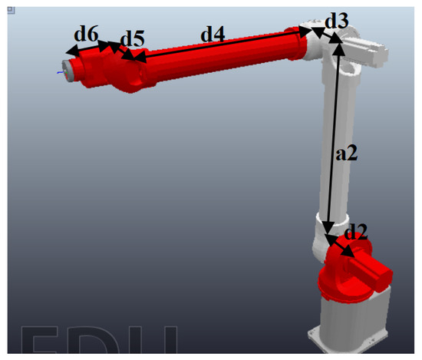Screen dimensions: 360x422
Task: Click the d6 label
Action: click(x=85, y=34)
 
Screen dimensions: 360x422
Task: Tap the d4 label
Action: click(x=213, y=34)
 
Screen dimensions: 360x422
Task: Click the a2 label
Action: click(x=347, y=154)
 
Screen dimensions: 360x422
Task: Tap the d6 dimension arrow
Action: click(x=86, y=48)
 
